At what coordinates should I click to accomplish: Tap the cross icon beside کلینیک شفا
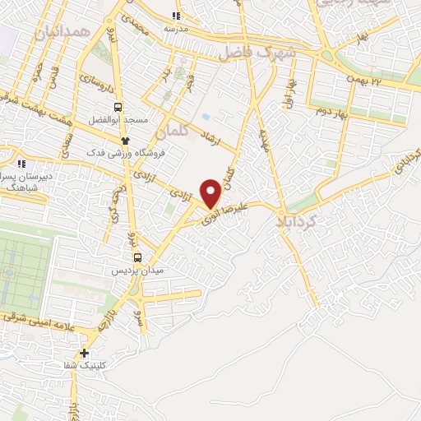click(84, 354)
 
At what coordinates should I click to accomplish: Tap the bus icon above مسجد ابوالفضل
click(118, 106)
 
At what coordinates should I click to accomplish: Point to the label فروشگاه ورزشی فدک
click(127, 152)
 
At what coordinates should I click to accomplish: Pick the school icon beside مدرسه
click(175, 16)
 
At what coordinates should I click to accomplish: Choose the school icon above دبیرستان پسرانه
click(22, 164)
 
